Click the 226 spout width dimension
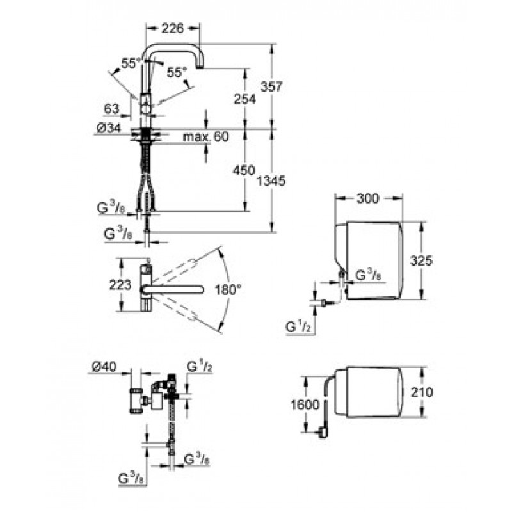(x=173, y=29)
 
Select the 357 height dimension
(x=271, y=86)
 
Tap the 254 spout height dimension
(x=245, y=99)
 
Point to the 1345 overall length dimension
(x=271, y=180)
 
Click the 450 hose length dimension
(x=243, y=170)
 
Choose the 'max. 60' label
(x=205, y=136)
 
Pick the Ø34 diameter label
(x=109, y=129)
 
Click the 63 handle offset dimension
(x=111, y=108)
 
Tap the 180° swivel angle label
(x=228, y=289)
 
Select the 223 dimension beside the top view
(x=120, y=285)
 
